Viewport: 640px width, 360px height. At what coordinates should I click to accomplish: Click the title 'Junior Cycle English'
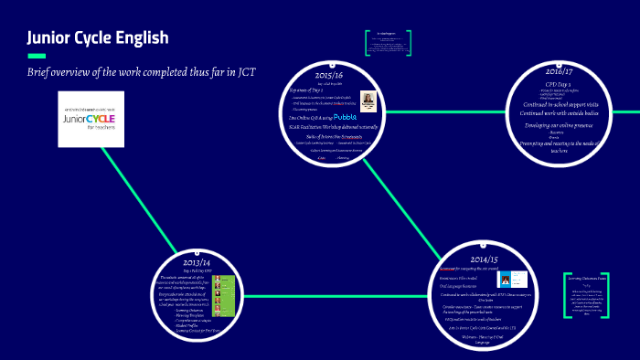98,37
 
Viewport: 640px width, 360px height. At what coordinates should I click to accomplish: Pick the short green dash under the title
36,55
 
